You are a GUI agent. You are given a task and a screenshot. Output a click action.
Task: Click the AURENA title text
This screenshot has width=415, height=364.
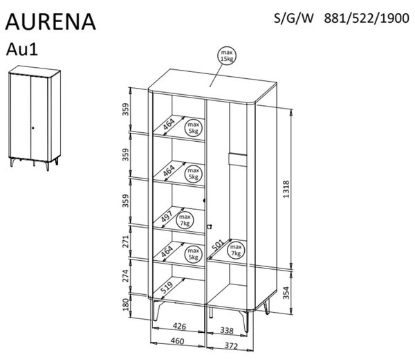[x=50, y=21]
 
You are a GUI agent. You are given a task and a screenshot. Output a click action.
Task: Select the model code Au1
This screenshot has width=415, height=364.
[x=22, y=49]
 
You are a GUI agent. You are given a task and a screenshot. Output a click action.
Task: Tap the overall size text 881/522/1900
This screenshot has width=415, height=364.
[x=367, y=19]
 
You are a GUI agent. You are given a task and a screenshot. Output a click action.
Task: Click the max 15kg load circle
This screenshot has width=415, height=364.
[x=227, y=55]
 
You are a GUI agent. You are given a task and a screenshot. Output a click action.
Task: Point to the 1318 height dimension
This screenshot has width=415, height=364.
[x=286, y=189]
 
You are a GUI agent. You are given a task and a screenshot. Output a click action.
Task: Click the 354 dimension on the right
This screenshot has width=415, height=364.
[x=286, y=293]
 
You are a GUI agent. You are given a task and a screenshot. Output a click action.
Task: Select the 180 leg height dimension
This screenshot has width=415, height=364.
[x=127, y=304]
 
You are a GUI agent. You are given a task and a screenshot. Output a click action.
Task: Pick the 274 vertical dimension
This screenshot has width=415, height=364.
[x=126, y=276]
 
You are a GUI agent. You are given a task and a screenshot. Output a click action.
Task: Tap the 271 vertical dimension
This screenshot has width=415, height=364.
[x=126, y=241]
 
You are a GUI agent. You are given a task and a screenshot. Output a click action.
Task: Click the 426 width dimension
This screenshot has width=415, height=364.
[x=179, y=326]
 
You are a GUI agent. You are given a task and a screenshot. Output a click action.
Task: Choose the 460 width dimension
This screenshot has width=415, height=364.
[x=177, y=340]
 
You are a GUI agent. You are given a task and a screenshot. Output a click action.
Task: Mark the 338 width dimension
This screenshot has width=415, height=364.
[x=227, y=330]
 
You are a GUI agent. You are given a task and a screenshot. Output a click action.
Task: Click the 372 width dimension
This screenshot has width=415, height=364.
[x=231, y=345]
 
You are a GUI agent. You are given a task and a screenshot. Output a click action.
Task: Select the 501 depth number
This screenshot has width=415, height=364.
[x=218, y=245]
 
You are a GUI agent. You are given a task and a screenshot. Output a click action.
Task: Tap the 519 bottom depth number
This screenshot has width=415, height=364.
[x=167, y=287]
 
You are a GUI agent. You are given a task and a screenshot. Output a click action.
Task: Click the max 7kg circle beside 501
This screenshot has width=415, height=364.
[x=236, y=251]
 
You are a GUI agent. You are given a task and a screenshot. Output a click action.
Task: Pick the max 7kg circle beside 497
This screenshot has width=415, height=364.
[x=185, y=220]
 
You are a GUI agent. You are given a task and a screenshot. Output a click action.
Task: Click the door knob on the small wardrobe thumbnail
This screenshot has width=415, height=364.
[x=33, y=128]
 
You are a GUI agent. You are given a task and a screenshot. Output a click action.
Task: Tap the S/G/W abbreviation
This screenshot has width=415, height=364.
[x=293, y=19]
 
